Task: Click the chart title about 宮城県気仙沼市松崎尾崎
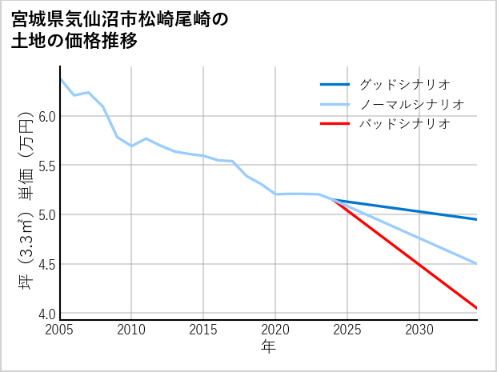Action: [x=120, y=30]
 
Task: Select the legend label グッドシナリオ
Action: [x=404, y=84]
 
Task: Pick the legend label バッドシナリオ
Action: [x=404, y=124]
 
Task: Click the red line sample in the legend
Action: [x=335, y=124]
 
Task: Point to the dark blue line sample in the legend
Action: [x=335, y=84]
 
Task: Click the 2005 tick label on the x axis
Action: [x=60, y=329]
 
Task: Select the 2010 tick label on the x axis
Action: [x=132, y=329]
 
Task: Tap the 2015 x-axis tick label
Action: [x=203, y=329]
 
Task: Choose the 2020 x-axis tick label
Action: [x=275, y=329]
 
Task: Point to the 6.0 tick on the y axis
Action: [x=46, y=117]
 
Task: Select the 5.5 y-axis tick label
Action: [x=46, y=166]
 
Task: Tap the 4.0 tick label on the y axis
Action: [x=46, y=314]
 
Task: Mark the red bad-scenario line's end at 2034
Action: [x=477, y=308]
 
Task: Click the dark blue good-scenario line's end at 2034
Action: [x=477, y=219]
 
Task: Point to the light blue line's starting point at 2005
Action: [x=61, y=78]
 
